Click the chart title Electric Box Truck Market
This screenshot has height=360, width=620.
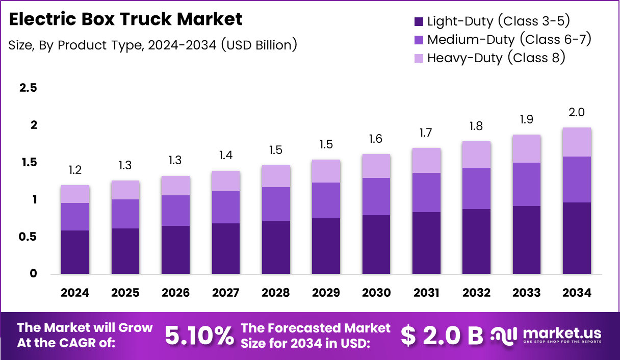point(125,19)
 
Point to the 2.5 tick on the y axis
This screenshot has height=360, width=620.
point(28,88)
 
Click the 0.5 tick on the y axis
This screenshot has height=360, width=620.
point(28,237)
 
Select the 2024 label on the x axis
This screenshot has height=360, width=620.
point(75,293)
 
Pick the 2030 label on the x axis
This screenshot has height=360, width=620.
point(376,293)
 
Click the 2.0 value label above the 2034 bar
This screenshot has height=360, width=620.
point(577,113)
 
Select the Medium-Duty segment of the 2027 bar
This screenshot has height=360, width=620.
point(225,207)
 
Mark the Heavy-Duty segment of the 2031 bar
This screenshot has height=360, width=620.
point(426,160)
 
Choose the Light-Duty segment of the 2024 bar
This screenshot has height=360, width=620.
point(75,252)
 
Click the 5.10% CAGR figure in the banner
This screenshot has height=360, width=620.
point(199,335)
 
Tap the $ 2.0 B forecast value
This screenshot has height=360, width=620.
point(442,335)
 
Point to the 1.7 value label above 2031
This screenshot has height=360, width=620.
point(426,133)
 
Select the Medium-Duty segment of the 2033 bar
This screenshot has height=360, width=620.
point(527,184)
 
